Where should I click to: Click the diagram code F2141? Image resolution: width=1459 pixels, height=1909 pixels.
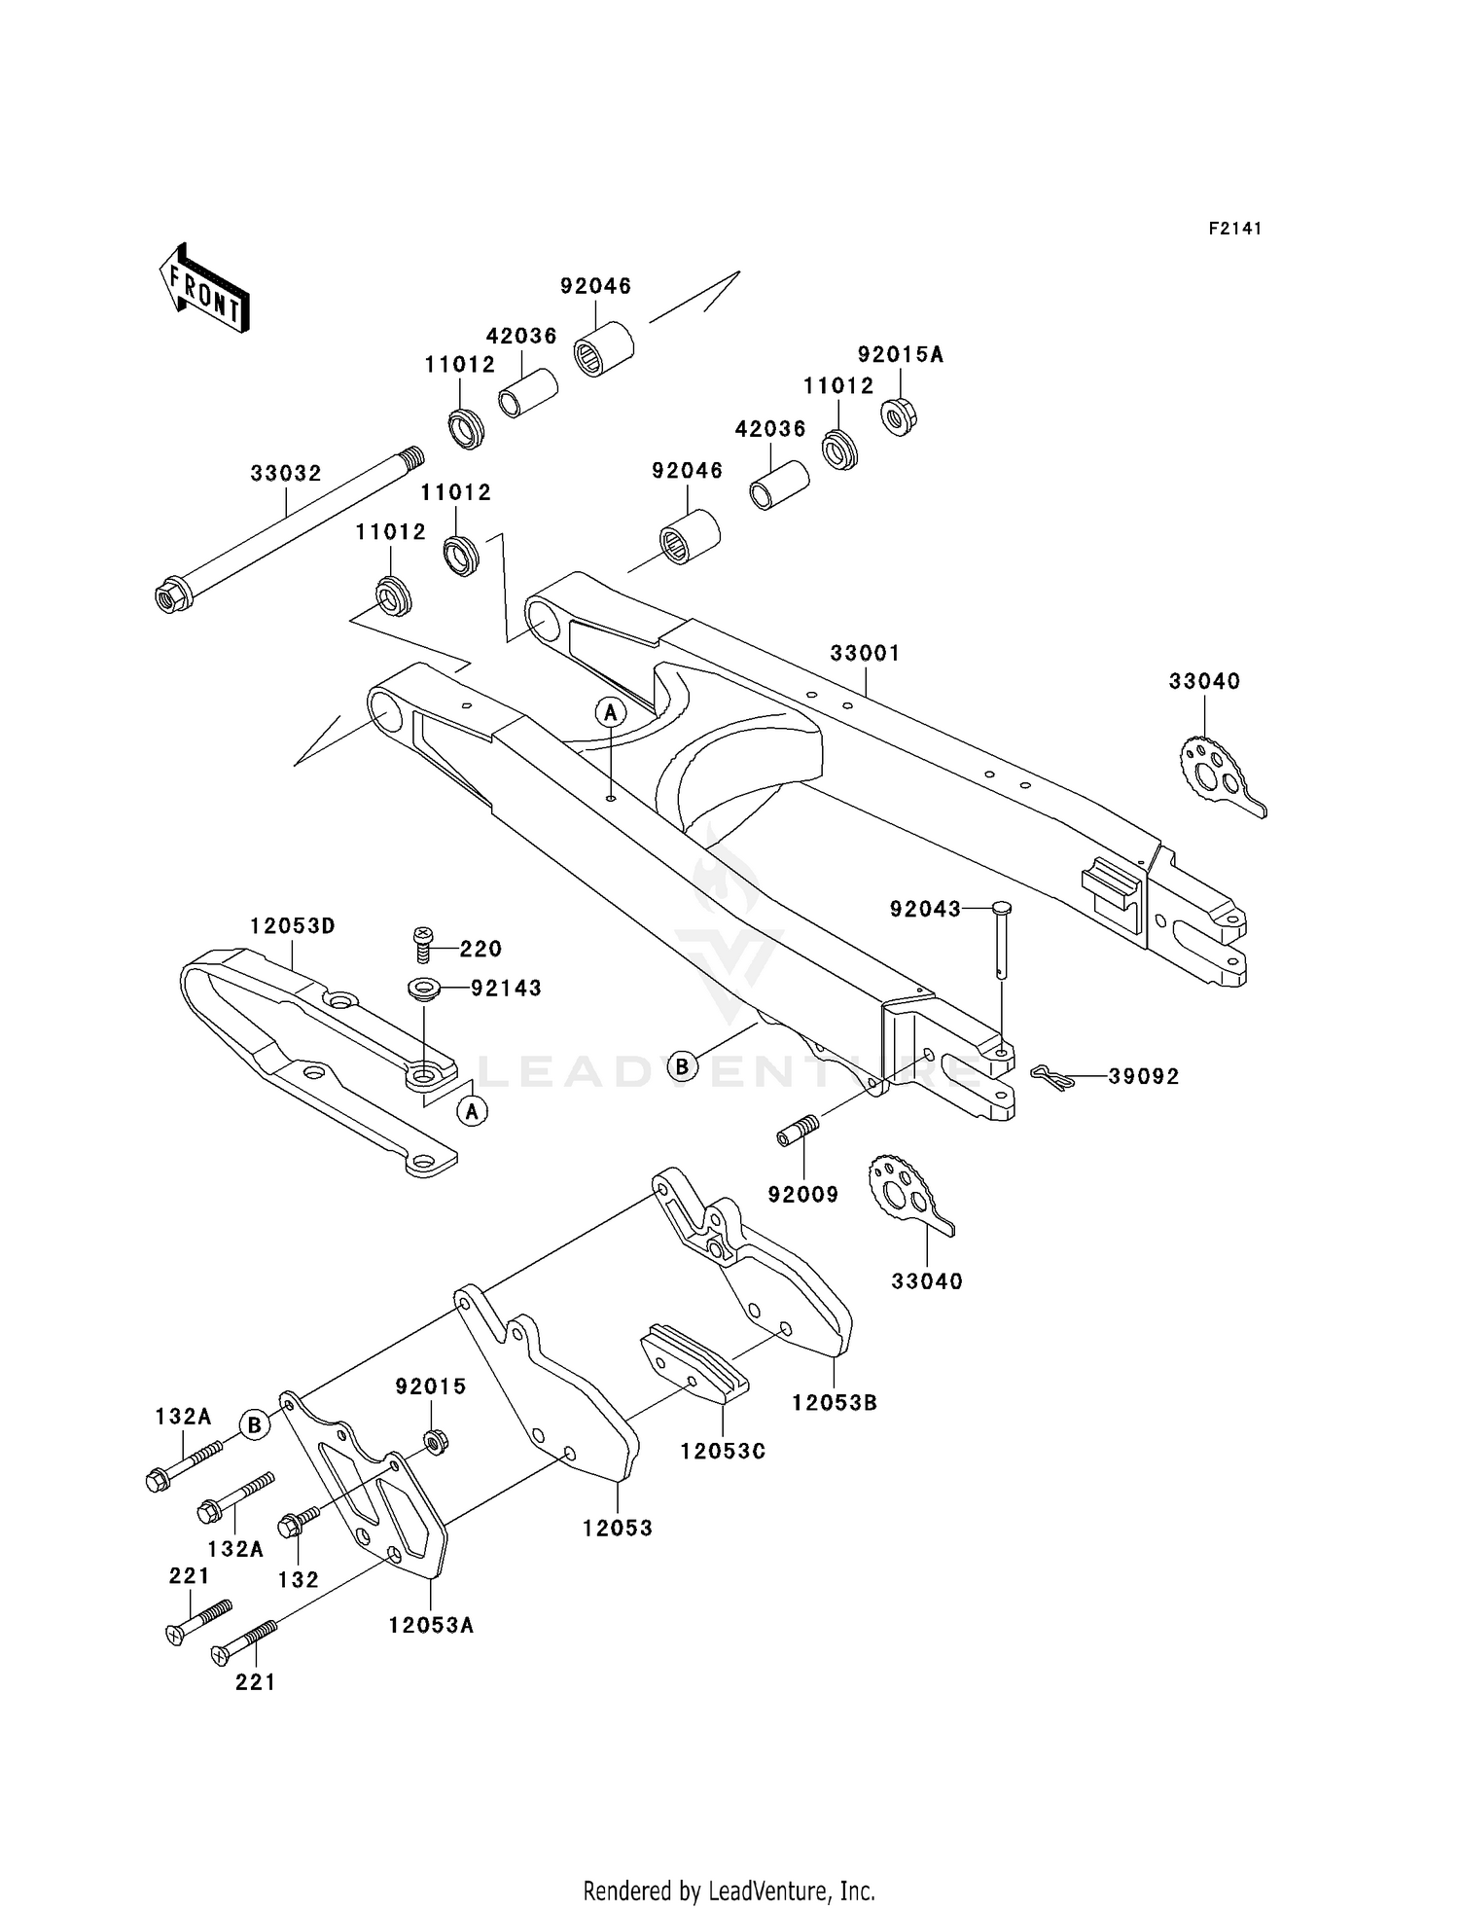[1235, 229]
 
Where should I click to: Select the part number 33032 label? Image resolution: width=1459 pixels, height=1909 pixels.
[286, 474]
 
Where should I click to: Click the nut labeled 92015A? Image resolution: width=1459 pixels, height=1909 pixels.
[900, 416]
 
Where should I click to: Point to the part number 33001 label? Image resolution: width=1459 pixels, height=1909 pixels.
[865, 653]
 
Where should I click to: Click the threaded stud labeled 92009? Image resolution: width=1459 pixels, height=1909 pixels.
[799, 1131]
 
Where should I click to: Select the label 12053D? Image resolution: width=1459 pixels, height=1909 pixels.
[293, 926]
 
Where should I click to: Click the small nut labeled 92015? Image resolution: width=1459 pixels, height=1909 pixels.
[436, 1441]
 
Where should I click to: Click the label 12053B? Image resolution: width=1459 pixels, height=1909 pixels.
[835, 1403]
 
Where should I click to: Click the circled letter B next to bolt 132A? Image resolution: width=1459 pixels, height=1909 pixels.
[254, 1425]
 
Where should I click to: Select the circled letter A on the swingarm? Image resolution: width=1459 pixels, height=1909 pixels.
[611, 713]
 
